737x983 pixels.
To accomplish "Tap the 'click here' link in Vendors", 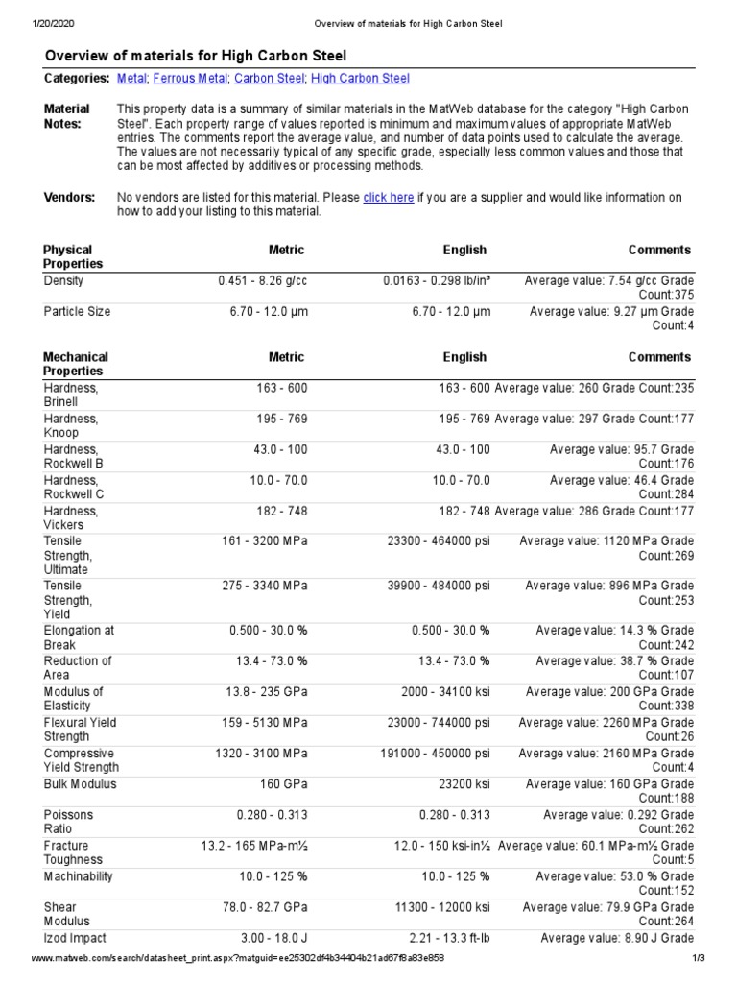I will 389,197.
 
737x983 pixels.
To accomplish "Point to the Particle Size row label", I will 77,312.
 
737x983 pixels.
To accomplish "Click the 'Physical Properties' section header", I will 73,256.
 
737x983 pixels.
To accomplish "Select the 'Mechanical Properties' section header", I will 76,364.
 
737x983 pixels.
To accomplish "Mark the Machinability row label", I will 78,876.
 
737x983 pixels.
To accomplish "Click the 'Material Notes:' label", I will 67,116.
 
